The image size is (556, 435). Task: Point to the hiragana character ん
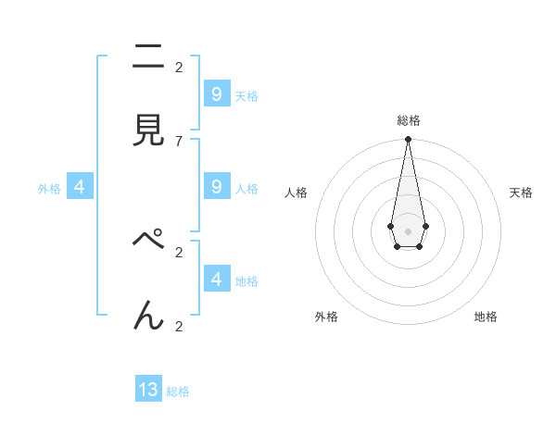[148, 316]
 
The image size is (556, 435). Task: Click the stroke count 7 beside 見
[178, 141]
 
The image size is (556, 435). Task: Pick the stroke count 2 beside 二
[178, 67]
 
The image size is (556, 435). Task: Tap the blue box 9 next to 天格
[217, 93]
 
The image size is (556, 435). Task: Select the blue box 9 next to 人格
[217, 186]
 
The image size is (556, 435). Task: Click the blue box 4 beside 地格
[217, 279]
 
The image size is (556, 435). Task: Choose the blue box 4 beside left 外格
[80, 186]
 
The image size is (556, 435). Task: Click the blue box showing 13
[148, 390]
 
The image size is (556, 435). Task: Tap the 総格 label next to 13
[178, 391]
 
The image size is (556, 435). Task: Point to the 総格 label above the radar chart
[408, 120]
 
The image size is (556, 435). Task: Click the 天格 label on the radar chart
[521, 193]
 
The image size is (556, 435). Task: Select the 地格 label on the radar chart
[486, 317]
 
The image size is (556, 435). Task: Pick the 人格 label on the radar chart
[296, 193]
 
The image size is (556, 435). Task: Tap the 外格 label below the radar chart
[326, 317]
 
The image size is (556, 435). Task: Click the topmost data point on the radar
[408, 140]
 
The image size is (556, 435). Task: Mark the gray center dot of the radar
[408, 230]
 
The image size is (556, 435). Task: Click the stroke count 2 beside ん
[178, 326]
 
